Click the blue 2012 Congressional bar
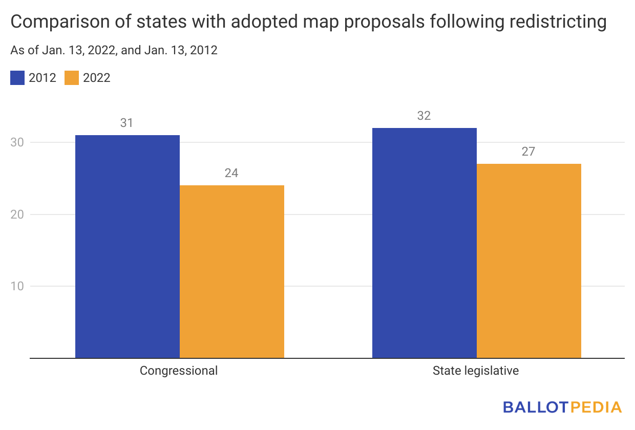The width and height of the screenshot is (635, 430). coord(127,246)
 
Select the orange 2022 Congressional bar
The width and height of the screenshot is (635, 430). coord(231,271)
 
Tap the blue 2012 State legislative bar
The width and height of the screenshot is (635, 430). coord(424,243)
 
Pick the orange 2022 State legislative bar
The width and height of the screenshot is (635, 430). coord(528,261)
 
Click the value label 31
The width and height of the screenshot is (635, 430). coord(127,123)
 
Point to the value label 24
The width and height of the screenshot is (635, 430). coord(231,173)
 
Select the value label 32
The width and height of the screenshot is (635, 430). coord(424,116)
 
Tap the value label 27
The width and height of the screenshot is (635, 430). coord(528,152)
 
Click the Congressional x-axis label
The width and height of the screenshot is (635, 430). coord(179,371)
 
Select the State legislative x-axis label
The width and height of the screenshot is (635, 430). coord(476,371)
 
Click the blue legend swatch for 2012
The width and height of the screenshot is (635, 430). coord(17,78)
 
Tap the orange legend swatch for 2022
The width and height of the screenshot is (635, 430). coord(72,78)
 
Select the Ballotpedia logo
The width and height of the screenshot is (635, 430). coord(562,407)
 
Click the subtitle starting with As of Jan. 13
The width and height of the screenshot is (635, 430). coord(114,50)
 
